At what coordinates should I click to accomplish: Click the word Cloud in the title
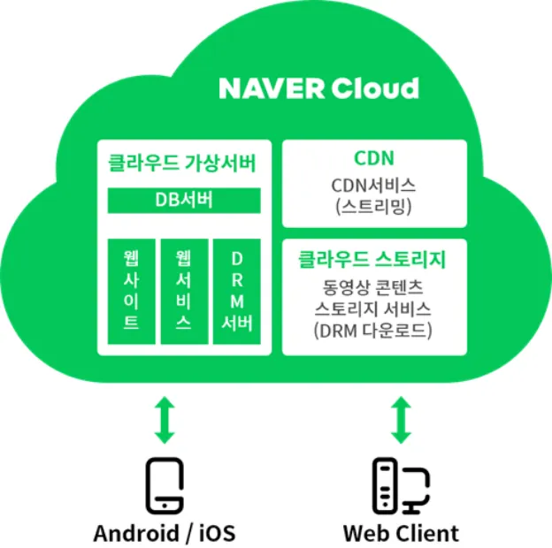coord(375,89)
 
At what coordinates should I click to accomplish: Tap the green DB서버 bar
coord(184,200)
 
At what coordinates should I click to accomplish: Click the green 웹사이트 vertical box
coord(131,290)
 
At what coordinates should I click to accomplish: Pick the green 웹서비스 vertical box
coord(183,290)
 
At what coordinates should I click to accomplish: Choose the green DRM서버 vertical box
coord(236,290)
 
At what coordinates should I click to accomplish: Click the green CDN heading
coord(374,160)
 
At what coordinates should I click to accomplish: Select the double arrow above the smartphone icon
coord(165,420)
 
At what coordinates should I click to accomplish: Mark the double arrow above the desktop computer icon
coord(402,420)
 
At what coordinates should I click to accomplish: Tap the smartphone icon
coord(165,487)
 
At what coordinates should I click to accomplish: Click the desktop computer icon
coord(400,487)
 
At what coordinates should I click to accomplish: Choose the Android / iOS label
coord(165,533)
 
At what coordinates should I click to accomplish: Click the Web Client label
coord(401,533)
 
